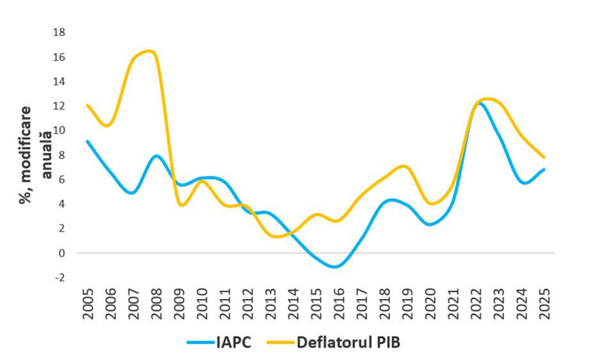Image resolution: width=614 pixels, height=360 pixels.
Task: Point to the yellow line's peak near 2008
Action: coord(148,51)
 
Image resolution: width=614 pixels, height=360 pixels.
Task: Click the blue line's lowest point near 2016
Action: coord(335,267)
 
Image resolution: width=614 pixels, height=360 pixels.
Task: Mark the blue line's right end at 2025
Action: coord(544,169)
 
